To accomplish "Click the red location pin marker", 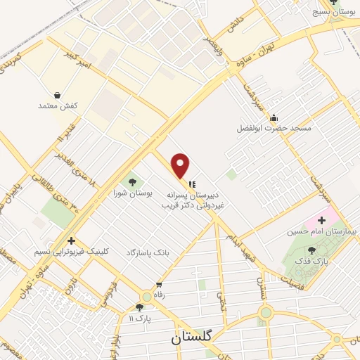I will [181, 166].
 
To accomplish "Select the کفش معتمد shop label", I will [57, 105].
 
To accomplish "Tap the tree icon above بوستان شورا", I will [132, 183].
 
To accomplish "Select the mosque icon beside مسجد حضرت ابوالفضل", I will [274, 117].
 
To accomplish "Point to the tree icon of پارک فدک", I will [312, 250].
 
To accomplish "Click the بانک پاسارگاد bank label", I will [149, 251].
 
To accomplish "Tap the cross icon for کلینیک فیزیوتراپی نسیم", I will [70, 240].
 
